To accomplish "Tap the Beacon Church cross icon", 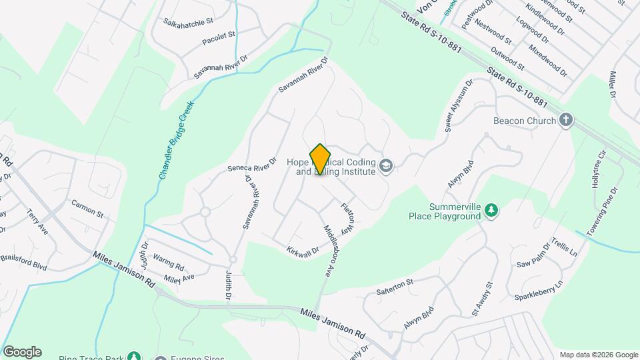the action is (566, 120).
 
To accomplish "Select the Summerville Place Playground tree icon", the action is (491, 211).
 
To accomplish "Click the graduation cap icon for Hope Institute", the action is (385, 165).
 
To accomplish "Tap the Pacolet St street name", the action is (219, 39).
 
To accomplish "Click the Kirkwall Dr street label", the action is (299, 247).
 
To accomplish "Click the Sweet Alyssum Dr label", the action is (458, 105).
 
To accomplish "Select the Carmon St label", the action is (87, 209).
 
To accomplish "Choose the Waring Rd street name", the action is (168, 259).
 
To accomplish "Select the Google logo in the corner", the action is (22, 351).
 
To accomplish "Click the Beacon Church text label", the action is (524, 121).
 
